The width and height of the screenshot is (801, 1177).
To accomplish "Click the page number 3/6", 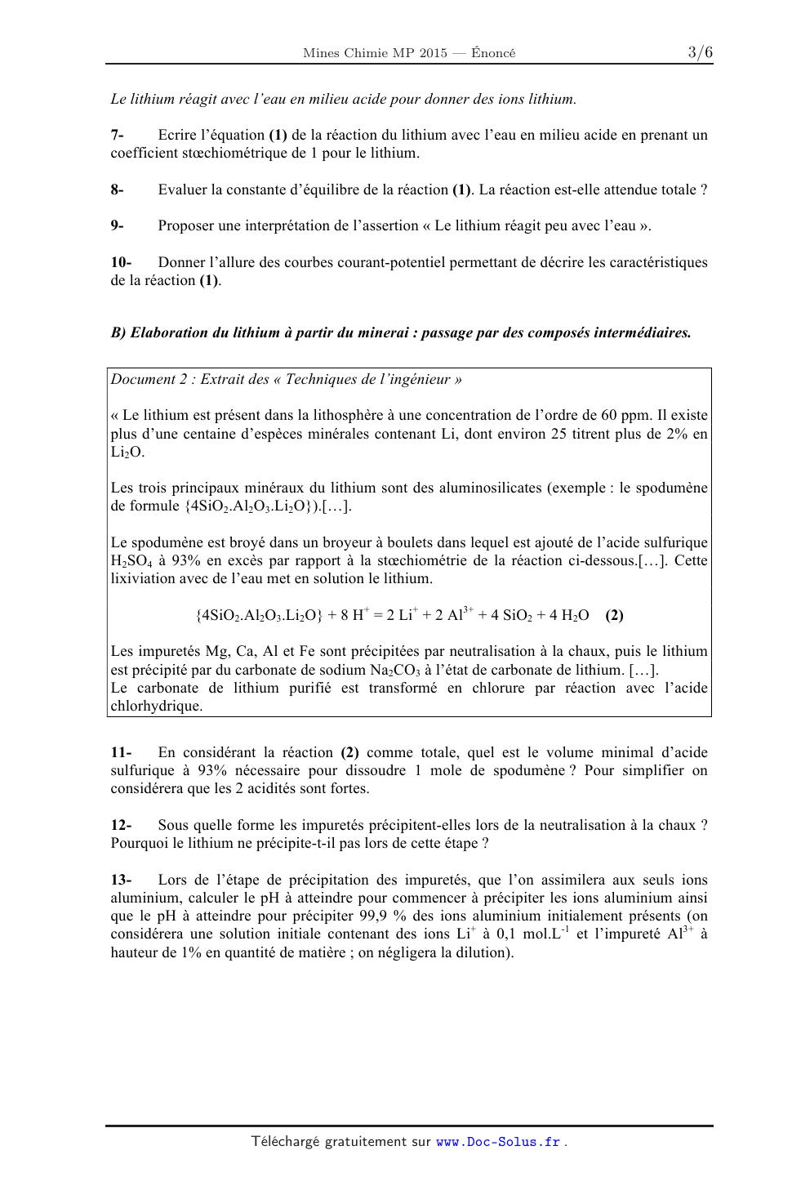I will click(x=700, y=53).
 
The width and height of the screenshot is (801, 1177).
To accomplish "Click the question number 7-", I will click(x=118, y=135).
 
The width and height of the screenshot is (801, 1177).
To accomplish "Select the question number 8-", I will click(x=118, y=189).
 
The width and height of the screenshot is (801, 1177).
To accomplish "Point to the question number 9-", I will click(x=118, y=225).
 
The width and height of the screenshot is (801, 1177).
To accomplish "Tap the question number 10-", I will click(x=122, y=262).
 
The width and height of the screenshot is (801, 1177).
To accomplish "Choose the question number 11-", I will click(x=122, y=752).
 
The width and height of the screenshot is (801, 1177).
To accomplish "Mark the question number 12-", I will click(x=122, y=825).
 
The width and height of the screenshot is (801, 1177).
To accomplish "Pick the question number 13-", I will click(x=122, y=880).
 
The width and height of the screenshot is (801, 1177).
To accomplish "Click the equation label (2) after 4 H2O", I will click(x=614, y=615).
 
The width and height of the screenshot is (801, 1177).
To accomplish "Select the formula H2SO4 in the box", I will click(x=131, y=561).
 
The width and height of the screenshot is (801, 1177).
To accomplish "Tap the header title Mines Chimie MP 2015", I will click(x=375, y=54).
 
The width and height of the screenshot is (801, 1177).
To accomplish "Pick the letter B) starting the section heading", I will click(x=118, y=333).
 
